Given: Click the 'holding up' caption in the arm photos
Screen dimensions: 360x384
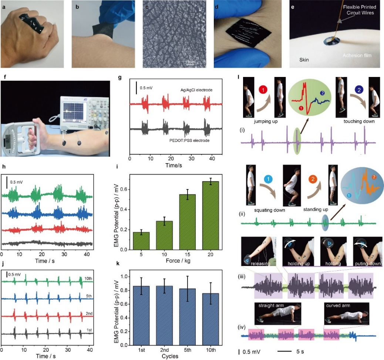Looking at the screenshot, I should click(298, 264).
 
